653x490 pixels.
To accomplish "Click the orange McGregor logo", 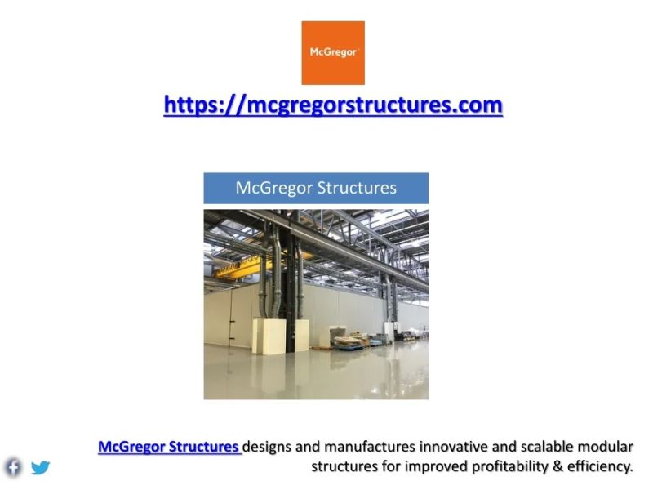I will (333, 53).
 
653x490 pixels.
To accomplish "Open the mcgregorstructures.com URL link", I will (333, 105).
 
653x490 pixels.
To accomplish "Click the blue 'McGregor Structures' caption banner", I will (316, 188).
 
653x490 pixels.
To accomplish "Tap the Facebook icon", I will (13, 467).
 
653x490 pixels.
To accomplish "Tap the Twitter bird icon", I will (40, 468).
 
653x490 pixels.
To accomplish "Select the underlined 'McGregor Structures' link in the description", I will (169, 447).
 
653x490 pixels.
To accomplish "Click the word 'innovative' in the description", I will (457, 447).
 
